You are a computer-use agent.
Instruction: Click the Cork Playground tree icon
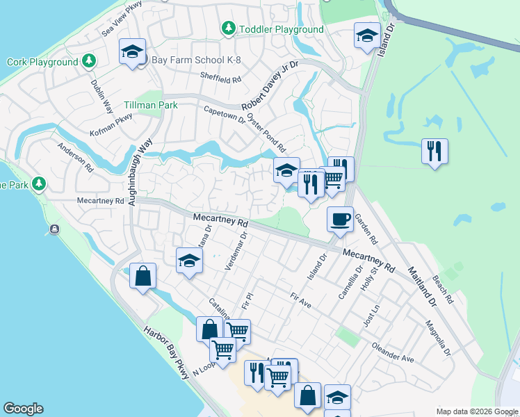click(88, 61)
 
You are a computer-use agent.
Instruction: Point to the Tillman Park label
click(151, 105)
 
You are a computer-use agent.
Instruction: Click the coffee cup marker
click(340, 220)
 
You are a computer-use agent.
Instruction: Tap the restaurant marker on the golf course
click(434, 151)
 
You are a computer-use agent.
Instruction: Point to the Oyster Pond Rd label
click(267, 133)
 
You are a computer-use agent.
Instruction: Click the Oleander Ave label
click(393, 352)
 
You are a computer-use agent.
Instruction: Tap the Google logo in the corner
click(23, 409)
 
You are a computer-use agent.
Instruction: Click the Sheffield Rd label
click(220, 79)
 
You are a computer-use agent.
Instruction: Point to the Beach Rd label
click(443, 289)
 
